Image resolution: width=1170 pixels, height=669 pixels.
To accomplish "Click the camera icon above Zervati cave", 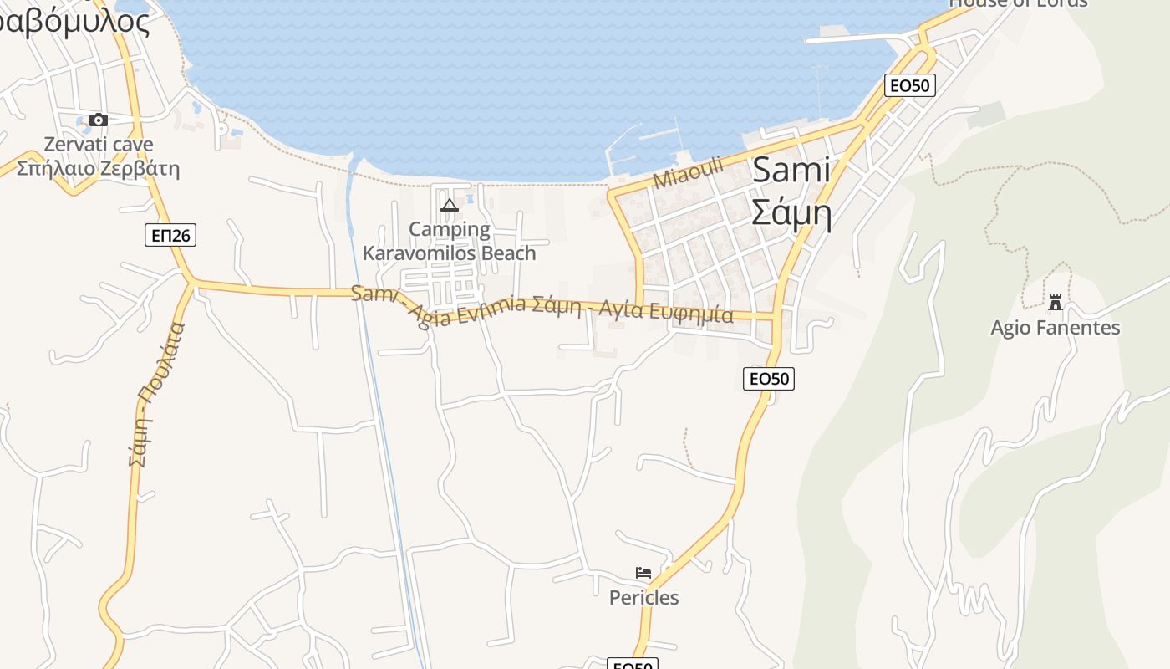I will tap(99, 120).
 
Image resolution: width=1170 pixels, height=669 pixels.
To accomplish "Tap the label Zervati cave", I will tap(99, 144).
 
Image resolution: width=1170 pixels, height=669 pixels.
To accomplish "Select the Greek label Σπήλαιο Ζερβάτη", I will tap(99, 168).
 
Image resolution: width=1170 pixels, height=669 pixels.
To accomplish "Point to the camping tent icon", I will tap(450, 205).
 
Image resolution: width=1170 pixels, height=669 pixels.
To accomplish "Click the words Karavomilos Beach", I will tap(450, 253).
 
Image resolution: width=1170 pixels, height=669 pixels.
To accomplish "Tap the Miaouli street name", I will tap(688, 171).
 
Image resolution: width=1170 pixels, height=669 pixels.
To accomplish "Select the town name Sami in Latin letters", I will tap(791, 170).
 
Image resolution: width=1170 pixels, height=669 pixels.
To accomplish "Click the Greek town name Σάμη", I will tap(791, 212).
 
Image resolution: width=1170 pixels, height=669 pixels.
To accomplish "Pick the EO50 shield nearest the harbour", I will tap(910, 84).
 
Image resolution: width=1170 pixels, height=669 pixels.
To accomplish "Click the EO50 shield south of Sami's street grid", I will tap(768, 379).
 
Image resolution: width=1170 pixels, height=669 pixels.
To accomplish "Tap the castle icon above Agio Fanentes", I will tap(1056, 302).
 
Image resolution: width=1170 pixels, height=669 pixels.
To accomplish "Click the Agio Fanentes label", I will tap(1056, 327).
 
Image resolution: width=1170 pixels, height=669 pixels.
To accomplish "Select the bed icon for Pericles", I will tap(643, 573).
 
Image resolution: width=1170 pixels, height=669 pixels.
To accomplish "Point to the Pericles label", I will tap(643, 597).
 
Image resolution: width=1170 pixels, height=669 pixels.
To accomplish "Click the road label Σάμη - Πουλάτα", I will tap(156, 394).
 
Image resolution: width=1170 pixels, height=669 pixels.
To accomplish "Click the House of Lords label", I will tap(1018, 3).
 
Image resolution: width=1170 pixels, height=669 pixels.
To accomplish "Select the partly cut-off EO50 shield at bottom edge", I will tap(633, 664).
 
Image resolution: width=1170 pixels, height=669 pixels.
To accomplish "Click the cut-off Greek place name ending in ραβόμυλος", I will tap(75, 22).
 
